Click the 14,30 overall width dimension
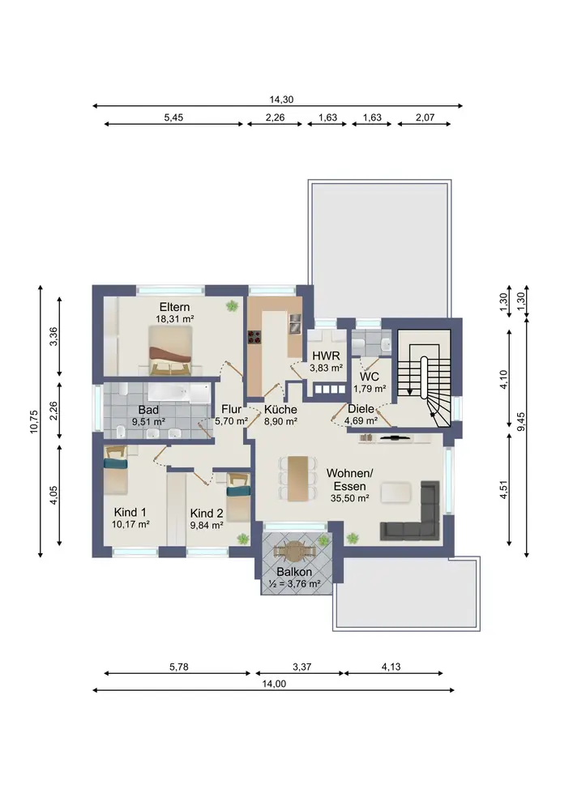[x=281, y=100]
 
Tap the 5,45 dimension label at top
[x=173, y=117]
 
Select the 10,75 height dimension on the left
[x=34, y=421]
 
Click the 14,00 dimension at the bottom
[x=274, y=684]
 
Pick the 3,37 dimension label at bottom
[x=301, y=667]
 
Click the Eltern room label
[x=174, y=307]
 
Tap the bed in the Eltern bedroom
[x=170, y=350]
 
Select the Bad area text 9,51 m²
[x=149, y=421]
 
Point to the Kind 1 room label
[x=130, y=513]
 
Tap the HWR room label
[x=326, y=356]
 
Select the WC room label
[x=370, y=377]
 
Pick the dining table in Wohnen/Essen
[x=297, y=478]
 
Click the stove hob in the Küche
[x=254, y=337]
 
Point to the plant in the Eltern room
[x=232, y=306]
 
